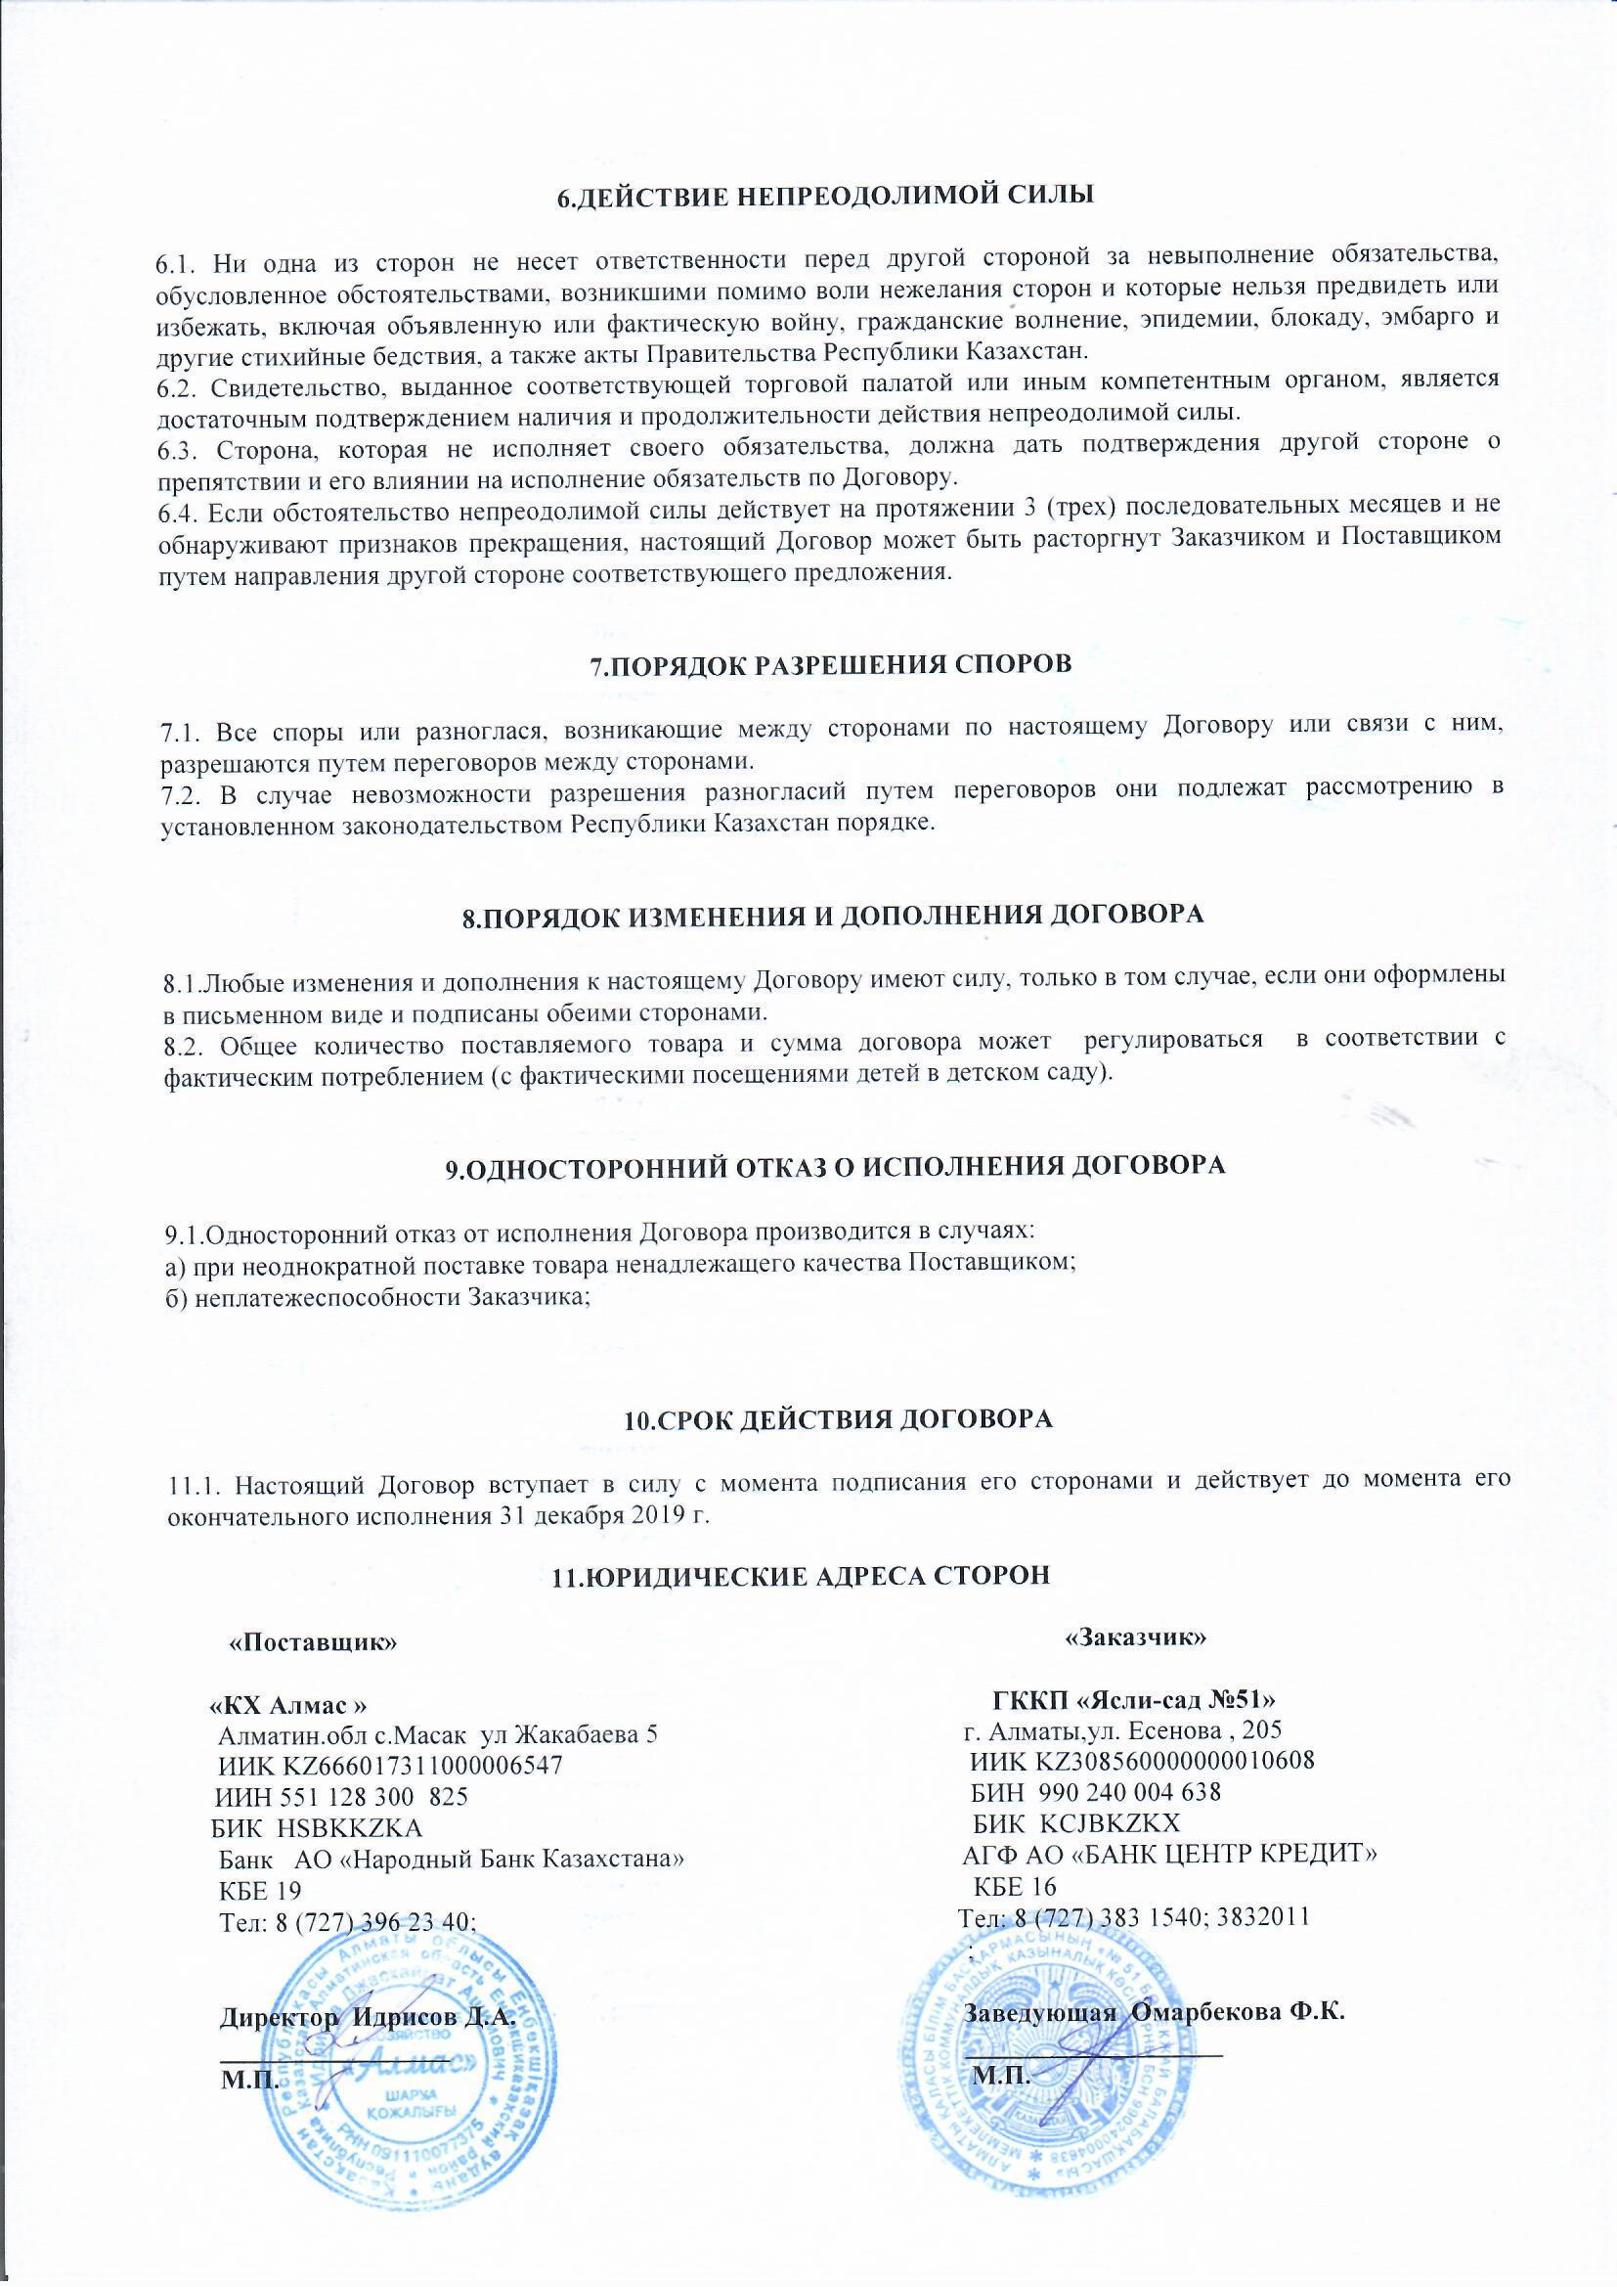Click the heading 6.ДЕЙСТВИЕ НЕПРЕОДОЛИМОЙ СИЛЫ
point(823,195)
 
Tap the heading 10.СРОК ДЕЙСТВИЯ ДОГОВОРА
point(838,1419)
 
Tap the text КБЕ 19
point(259,1890)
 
